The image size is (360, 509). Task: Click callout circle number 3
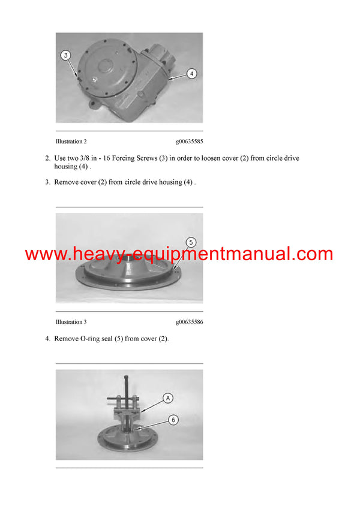coord(66,55)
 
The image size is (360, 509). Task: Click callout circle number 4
coord(191,74)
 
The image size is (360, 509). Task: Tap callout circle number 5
coord(190,243)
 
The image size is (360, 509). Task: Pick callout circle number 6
coord(173,420)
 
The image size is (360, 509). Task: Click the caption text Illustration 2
coord(71,141)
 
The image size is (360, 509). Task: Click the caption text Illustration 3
coord(71,322)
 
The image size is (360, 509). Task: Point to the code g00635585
coord(189,141)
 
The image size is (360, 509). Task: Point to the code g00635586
coord(189,322)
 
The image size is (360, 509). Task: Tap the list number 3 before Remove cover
coord(47,182)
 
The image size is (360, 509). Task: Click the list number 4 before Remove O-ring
coord(47,339)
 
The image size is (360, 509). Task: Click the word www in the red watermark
coord(45,254)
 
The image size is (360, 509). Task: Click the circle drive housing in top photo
coord(120,78)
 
